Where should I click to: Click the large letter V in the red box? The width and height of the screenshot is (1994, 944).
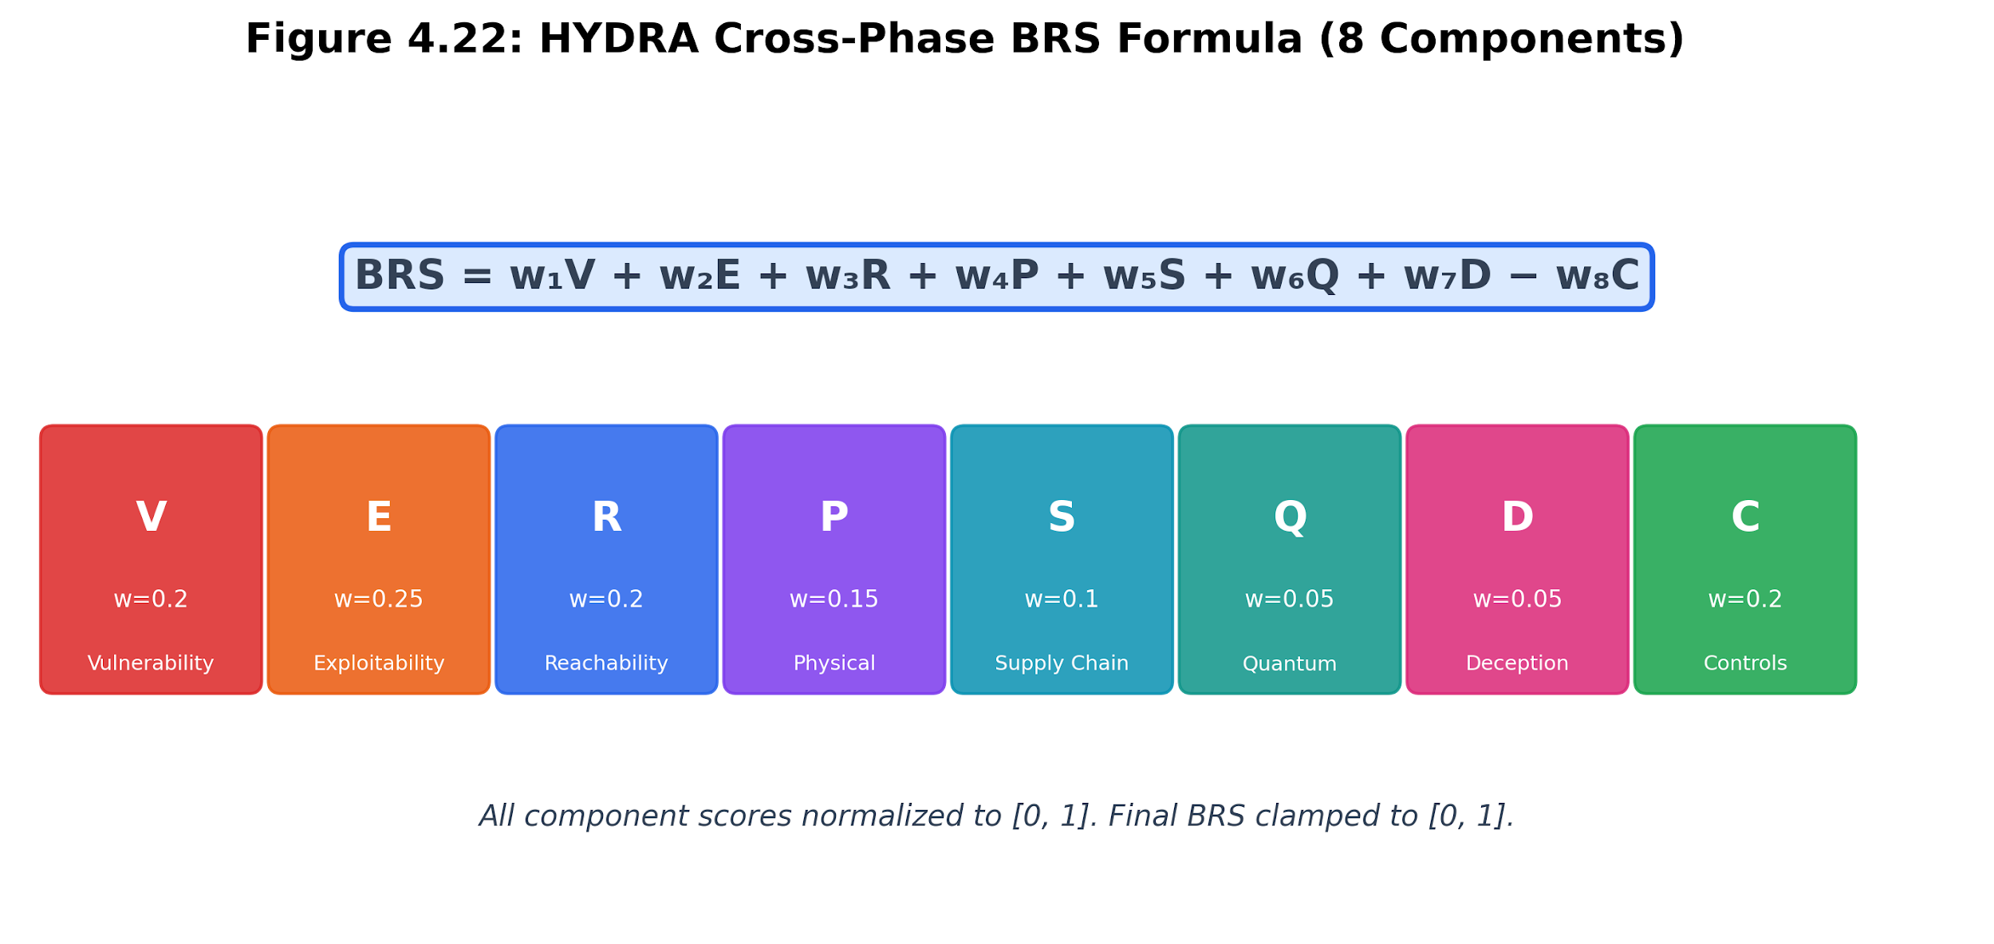click(151, 517)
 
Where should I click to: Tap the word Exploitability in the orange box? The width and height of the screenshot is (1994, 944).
click(379, 663)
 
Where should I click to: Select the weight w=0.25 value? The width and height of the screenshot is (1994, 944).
click(379, 599)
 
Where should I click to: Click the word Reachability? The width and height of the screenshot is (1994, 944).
click(606, 663)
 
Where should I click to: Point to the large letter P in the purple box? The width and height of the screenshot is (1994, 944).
click(834, 517)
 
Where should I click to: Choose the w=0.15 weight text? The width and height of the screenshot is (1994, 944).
click(834, 599)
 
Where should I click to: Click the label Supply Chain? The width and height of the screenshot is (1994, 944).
click(1062, 663)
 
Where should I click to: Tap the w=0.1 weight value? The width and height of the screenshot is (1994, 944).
click(1062, 599)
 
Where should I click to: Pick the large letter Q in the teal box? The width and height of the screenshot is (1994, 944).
click(1290, 519)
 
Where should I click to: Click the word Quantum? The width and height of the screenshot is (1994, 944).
click(1290, 664)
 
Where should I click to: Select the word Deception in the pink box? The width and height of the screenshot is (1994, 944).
click(1517, 663)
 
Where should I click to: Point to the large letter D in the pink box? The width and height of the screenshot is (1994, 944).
click(1517, 517)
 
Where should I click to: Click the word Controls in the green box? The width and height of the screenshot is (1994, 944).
click(1745, 663)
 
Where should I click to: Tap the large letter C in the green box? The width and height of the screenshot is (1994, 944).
click(1745, 517)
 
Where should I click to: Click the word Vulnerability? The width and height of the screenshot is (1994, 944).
click(151, 663)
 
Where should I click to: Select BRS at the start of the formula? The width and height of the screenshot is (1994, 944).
click(400, 276)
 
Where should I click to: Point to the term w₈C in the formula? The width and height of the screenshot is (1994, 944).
click(1598, 276)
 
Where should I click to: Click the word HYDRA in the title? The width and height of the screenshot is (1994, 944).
click(618, 40)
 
